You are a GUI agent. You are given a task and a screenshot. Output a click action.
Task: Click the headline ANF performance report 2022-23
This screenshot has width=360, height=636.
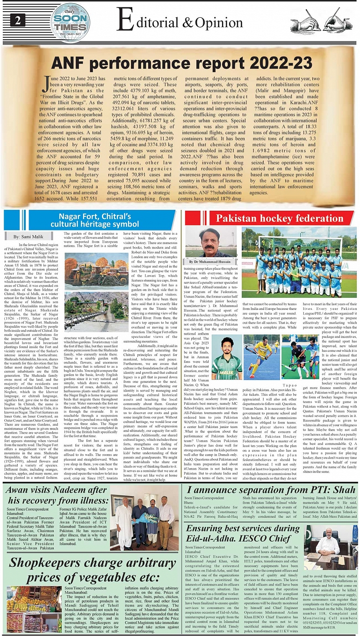coord(181,63)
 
